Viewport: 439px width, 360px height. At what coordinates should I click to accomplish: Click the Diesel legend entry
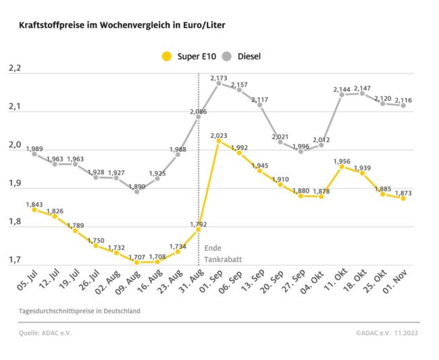click(x=242, y=57)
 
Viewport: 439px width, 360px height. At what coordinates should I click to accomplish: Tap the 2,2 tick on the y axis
click(x=15, y=69)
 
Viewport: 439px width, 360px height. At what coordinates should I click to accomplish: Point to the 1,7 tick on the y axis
click(x=15, y=259)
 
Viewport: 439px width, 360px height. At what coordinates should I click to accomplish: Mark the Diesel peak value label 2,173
click(x=219, y=78)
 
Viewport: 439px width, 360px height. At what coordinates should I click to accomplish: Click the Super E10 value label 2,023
click(x=219, y=135)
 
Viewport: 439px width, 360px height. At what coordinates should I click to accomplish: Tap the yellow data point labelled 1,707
click(x=136, y=262)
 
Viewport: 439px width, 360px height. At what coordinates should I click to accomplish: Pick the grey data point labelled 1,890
click(x=136, y=191)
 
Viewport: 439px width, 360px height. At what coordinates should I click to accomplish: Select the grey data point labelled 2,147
click(x=362, y=93)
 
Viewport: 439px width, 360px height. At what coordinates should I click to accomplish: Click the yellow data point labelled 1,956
click(x=342, y=166)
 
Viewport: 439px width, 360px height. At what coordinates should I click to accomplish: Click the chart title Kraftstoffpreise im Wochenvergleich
click(x=122, y=25)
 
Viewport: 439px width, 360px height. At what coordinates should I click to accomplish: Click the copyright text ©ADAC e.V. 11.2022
click(x=387, y=333)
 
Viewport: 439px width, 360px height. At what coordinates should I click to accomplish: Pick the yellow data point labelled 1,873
click(x=403, y=198)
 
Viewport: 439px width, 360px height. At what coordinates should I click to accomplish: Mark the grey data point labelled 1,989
click(x=34, y=153)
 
